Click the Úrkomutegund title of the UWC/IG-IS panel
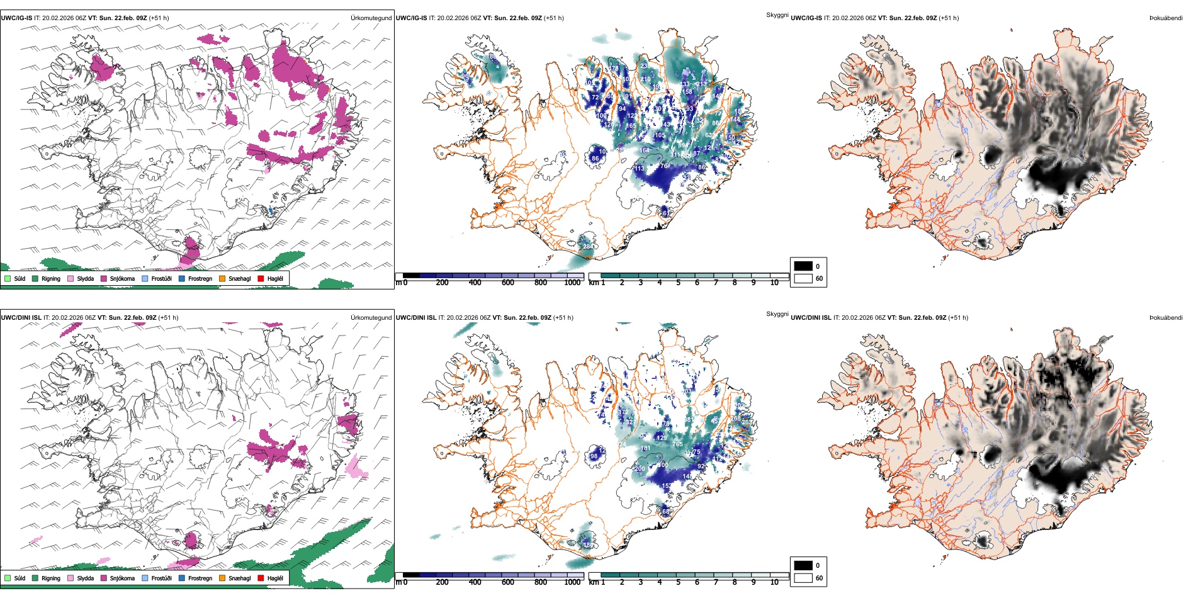[371, 18]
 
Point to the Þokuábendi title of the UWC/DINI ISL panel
[1166, 318]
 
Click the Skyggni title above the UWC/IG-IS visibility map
[777, 14]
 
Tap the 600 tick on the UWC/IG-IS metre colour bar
[508, 283]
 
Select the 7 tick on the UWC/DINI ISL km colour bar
[716, 582]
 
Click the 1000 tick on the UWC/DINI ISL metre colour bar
[572, 582]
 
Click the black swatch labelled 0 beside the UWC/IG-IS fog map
[803, 266]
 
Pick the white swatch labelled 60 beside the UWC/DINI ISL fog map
[803, 578]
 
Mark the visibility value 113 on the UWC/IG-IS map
[639, 169]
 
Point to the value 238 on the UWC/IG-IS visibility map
[645, 65]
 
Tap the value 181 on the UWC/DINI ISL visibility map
[645, 448]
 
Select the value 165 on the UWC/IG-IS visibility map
[631, 126]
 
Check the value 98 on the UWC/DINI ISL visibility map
[594, 456]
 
